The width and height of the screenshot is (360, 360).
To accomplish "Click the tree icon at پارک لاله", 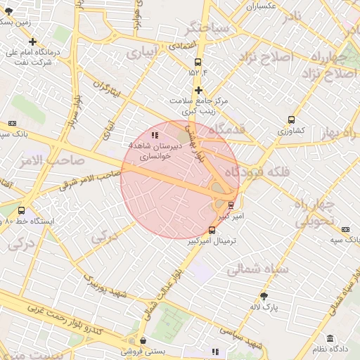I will pos(264,296).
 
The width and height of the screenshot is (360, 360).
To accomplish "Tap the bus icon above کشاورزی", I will pos(291,120).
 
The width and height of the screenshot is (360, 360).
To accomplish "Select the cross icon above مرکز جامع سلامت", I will pos(199,90).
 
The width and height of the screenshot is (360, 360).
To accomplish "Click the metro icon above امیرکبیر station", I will pos(231,205).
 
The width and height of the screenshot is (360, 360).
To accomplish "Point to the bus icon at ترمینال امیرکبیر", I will pos(212,230).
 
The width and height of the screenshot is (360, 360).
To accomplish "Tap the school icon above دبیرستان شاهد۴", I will pos(155,134).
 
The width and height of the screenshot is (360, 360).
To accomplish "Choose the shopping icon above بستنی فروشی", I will pos(143,341).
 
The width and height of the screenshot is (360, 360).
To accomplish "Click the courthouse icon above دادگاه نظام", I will pos(330,339).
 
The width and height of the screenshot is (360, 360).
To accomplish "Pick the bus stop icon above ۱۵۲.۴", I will pos(198,62).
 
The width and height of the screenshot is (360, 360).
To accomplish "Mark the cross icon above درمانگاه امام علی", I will pos(33,42).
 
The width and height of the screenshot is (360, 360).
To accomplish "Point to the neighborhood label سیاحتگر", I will pos(207,29).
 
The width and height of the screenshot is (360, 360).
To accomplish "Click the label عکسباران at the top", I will pos(260,6).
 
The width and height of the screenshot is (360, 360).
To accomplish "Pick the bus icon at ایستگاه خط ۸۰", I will pos(21,210).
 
